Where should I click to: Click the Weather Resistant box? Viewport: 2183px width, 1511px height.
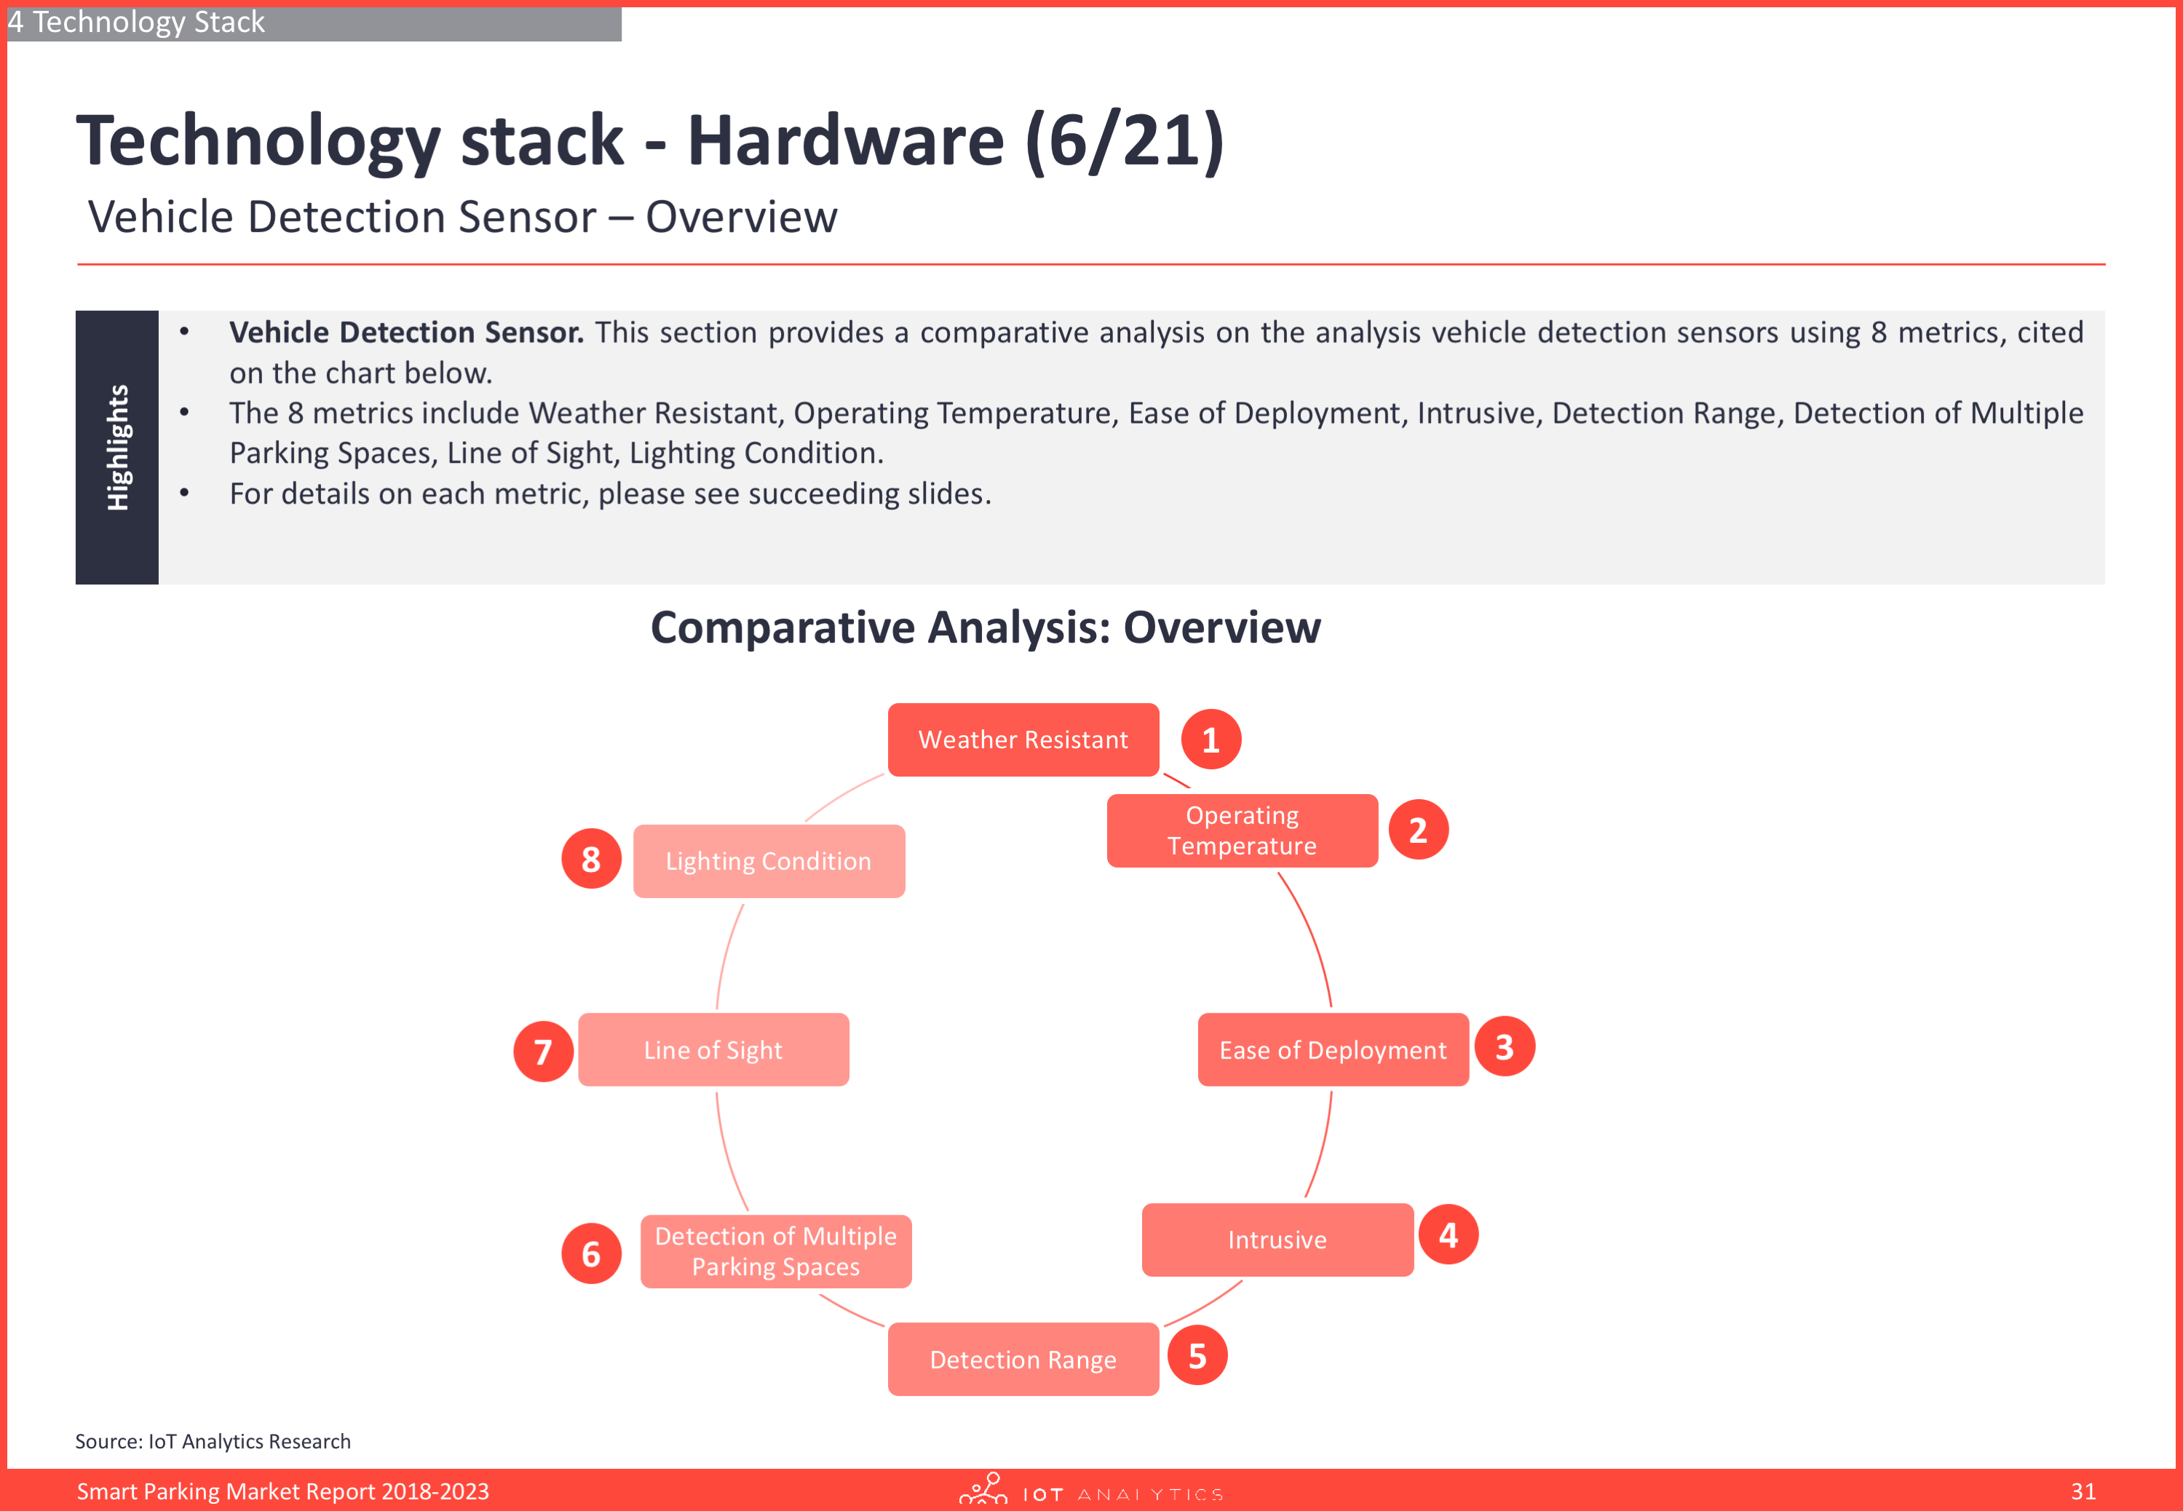click(x=1023, y=739)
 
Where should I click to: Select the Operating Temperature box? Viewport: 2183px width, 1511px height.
click(x=1242, y=830)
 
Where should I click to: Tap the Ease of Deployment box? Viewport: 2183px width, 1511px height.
click(x=1333, y=1049)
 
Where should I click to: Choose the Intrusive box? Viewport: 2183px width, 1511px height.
click(x=1277, y=1240)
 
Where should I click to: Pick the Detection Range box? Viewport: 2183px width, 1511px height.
click(x=1023, y=1359)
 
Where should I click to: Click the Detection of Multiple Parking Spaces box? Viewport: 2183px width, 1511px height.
click(x=776, y=1250)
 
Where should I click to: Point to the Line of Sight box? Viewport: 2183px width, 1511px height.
click(x=714, y=1049)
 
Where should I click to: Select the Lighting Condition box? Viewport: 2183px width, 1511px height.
click(x=769, y=860)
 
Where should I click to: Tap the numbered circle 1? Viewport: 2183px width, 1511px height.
click(x=1211, y=739)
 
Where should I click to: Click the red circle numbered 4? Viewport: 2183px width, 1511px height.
click(x=1449, y=1234)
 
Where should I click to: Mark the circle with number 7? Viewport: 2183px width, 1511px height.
click(x=543, y=1051)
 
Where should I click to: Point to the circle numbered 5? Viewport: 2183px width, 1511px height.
click(x=1197, y=1356)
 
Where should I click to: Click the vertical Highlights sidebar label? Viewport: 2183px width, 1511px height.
click(x=117, y=447)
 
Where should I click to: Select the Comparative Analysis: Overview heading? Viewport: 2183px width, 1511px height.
click(x=986, y=627)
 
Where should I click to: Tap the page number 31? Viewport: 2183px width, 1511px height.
click(x=2083, y=1491)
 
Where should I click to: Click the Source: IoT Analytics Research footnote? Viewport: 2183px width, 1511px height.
click(x=213, y=1441)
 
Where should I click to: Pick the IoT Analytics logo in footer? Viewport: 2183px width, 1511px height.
click(x=1090, y=1489)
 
